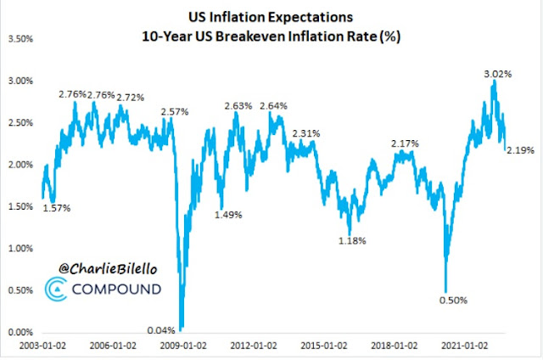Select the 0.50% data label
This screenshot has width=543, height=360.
click(x=451, y=300)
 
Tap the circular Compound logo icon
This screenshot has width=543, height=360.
click(x=53, y=290)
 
